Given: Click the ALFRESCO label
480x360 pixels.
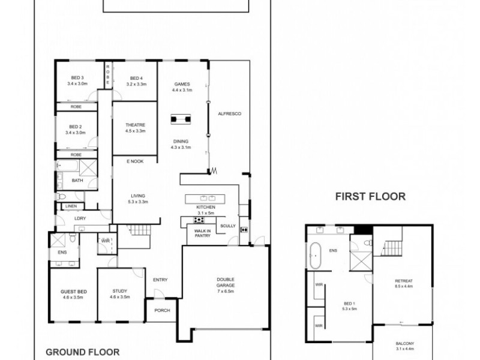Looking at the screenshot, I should click(x=229, y=113).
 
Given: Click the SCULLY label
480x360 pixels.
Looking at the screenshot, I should click(x=227, y=226).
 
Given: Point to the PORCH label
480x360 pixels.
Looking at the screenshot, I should click(x=162, y=310).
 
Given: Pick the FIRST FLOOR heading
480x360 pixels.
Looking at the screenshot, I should click(x=370, y=196).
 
